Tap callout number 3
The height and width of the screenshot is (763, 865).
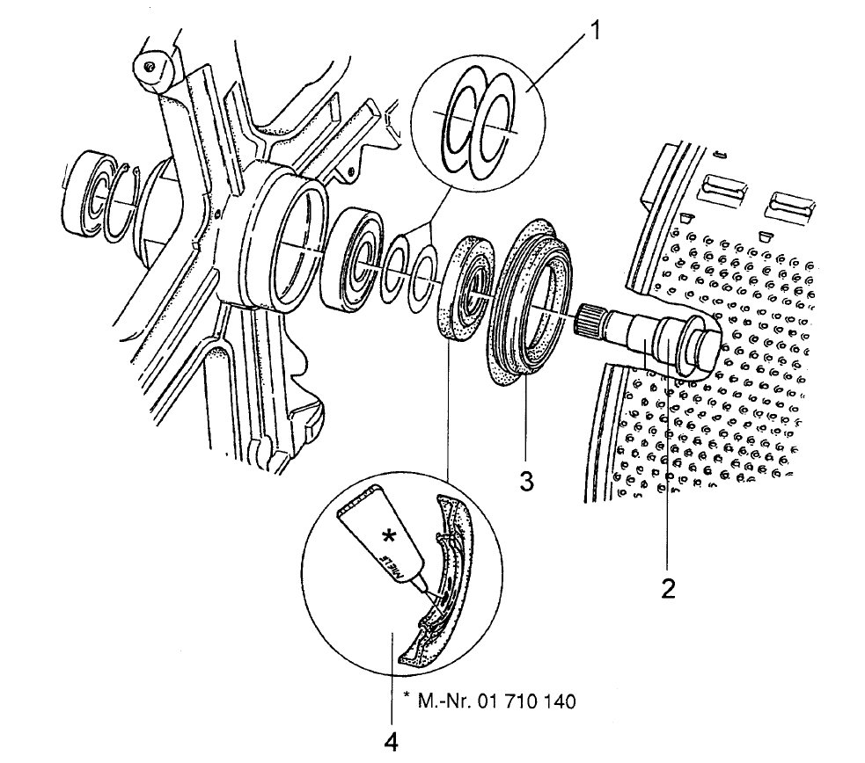[x=526, y=482]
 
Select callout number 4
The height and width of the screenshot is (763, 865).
[x=391, y=743]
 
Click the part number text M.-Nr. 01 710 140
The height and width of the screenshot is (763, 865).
[x=489, y=701]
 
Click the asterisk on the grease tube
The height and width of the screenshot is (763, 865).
[x=389, y=536]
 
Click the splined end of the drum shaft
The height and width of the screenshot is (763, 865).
[x=590, y=322]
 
